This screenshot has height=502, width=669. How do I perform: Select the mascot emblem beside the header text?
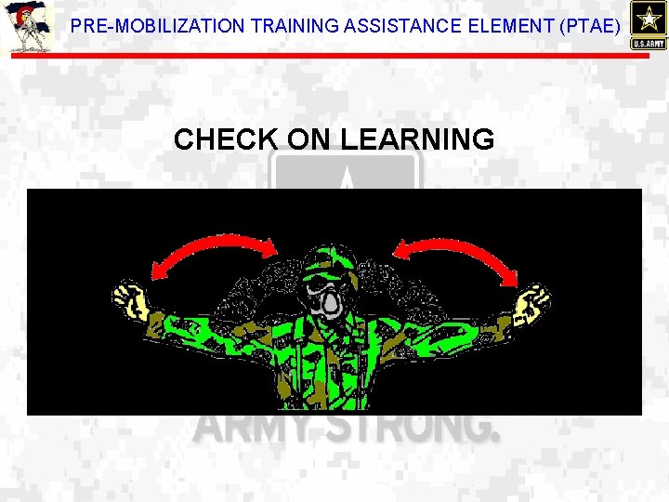[x=29, y=27]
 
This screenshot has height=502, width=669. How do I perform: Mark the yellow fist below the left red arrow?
[x=131, y=301]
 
